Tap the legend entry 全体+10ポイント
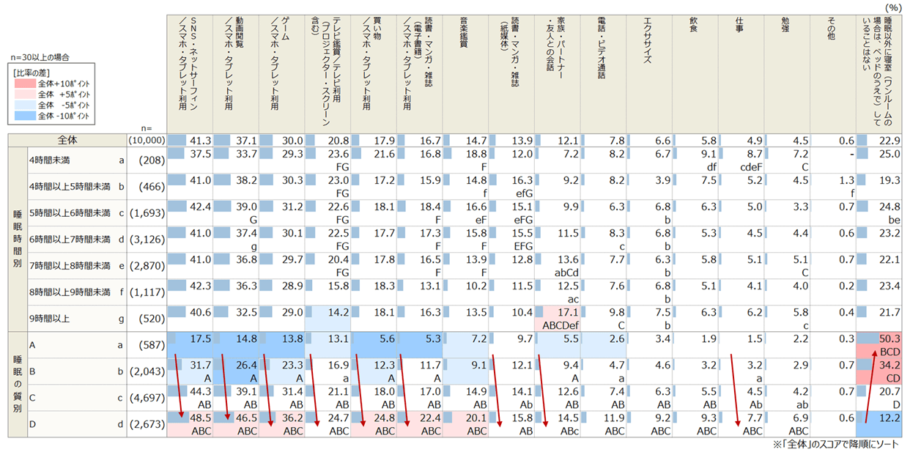coord(62,84)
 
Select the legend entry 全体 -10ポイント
coord(62,115)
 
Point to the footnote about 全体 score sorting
coord(834,445)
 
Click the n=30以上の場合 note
coord(41,56)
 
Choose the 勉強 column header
coord(785,22)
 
